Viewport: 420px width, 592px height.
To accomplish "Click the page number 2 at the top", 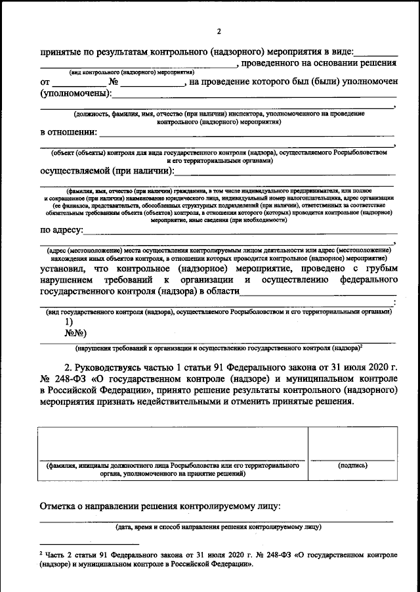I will tap(220, 31).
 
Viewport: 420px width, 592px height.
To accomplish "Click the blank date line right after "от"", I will tap(78, 84).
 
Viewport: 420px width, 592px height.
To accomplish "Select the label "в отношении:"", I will tap(69, 132).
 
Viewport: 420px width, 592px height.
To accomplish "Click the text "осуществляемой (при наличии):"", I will tap(106, 171).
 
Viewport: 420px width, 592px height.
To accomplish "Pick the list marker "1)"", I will tap(68, 322).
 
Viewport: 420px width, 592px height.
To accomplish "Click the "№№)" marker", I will tap(75, 332).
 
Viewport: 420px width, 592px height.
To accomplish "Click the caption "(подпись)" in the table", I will tap(352, 465).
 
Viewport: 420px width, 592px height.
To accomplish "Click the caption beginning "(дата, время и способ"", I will tap(218, 527).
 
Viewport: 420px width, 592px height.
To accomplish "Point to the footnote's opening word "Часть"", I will tap(57, 555).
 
